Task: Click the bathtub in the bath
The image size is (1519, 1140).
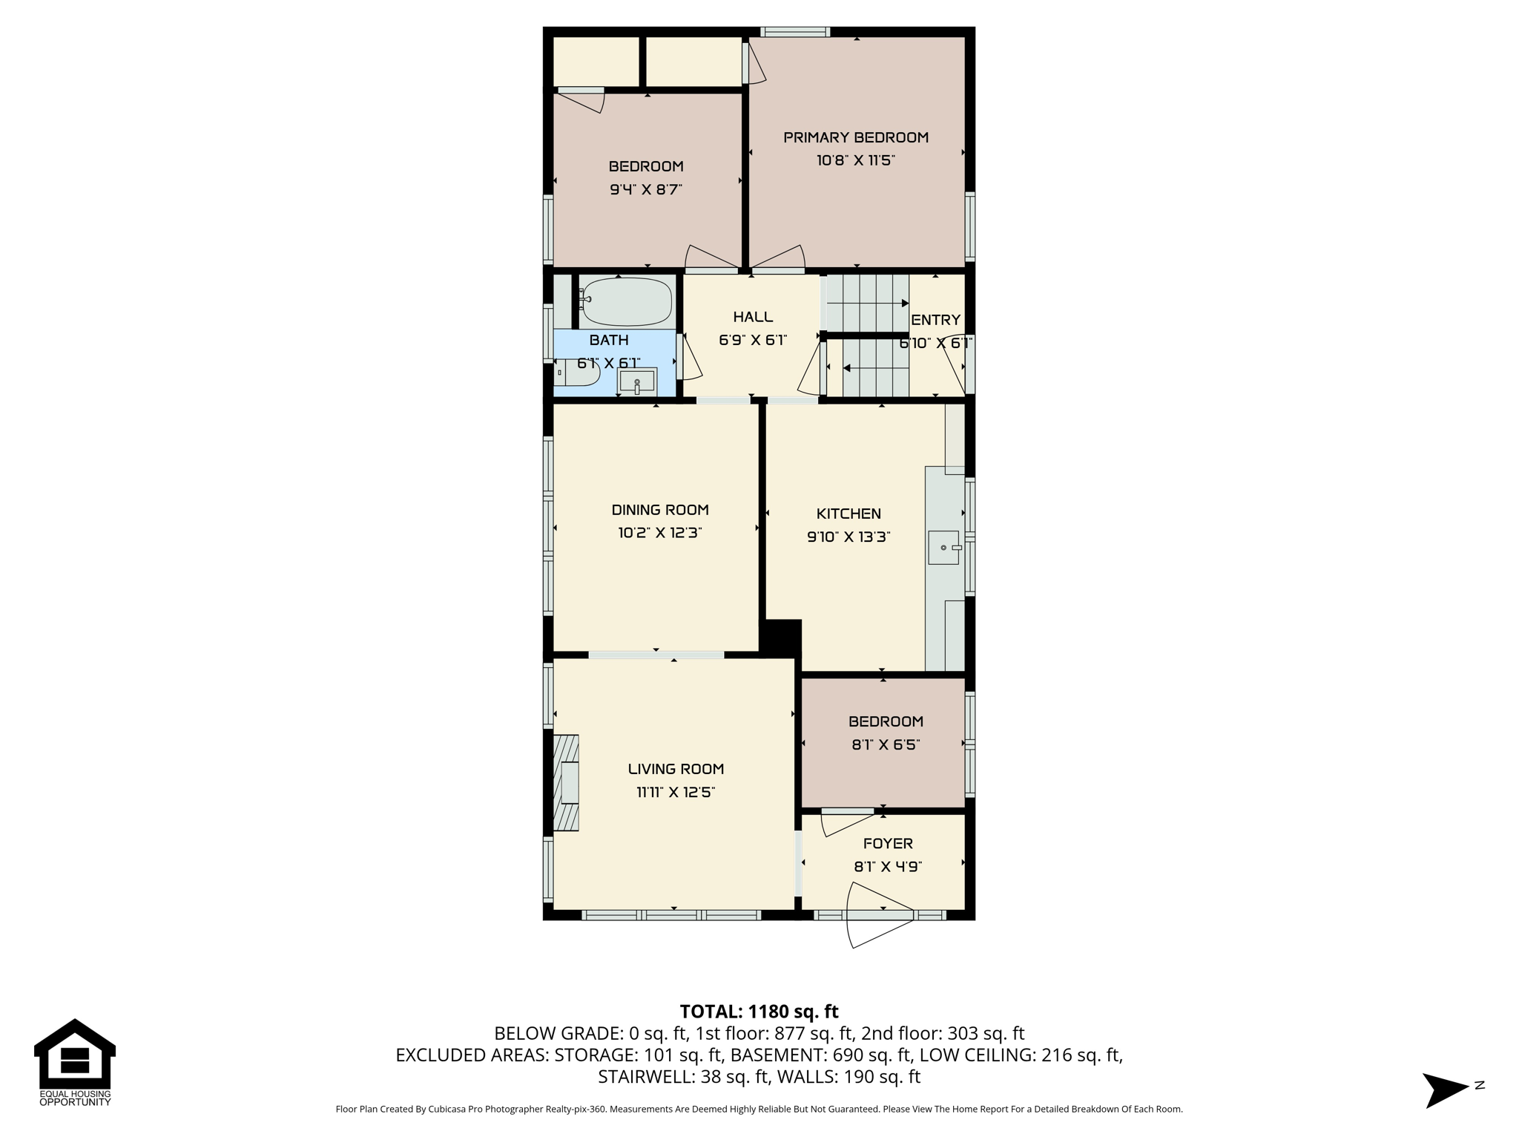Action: [627, 301]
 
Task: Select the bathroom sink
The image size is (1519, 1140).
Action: [637, 381]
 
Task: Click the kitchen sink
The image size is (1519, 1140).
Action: [945, 548]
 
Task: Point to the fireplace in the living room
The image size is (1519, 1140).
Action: [566, 782]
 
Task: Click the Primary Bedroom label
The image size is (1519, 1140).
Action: [856, 137]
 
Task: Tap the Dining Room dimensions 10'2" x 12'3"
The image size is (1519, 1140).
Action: [659, 533]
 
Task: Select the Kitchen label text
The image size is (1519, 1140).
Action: [849, 514]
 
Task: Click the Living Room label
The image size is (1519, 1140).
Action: [676, 769]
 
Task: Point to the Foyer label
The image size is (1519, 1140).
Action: [888, 843]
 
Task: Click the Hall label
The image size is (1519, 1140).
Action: [753, 317]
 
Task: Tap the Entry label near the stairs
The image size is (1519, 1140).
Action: [935, 320]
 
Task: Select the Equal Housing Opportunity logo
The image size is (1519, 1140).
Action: [75, 1063]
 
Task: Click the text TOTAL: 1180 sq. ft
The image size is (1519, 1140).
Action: [759, 1012]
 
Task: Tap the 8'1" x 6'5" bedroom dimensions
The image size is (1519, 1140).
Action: [886, 744]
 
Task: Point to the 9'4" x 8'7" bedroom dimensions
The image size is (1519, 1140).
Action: [646, 189]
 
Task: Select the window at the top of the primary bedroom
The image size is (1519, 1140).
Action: [795, 32]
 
